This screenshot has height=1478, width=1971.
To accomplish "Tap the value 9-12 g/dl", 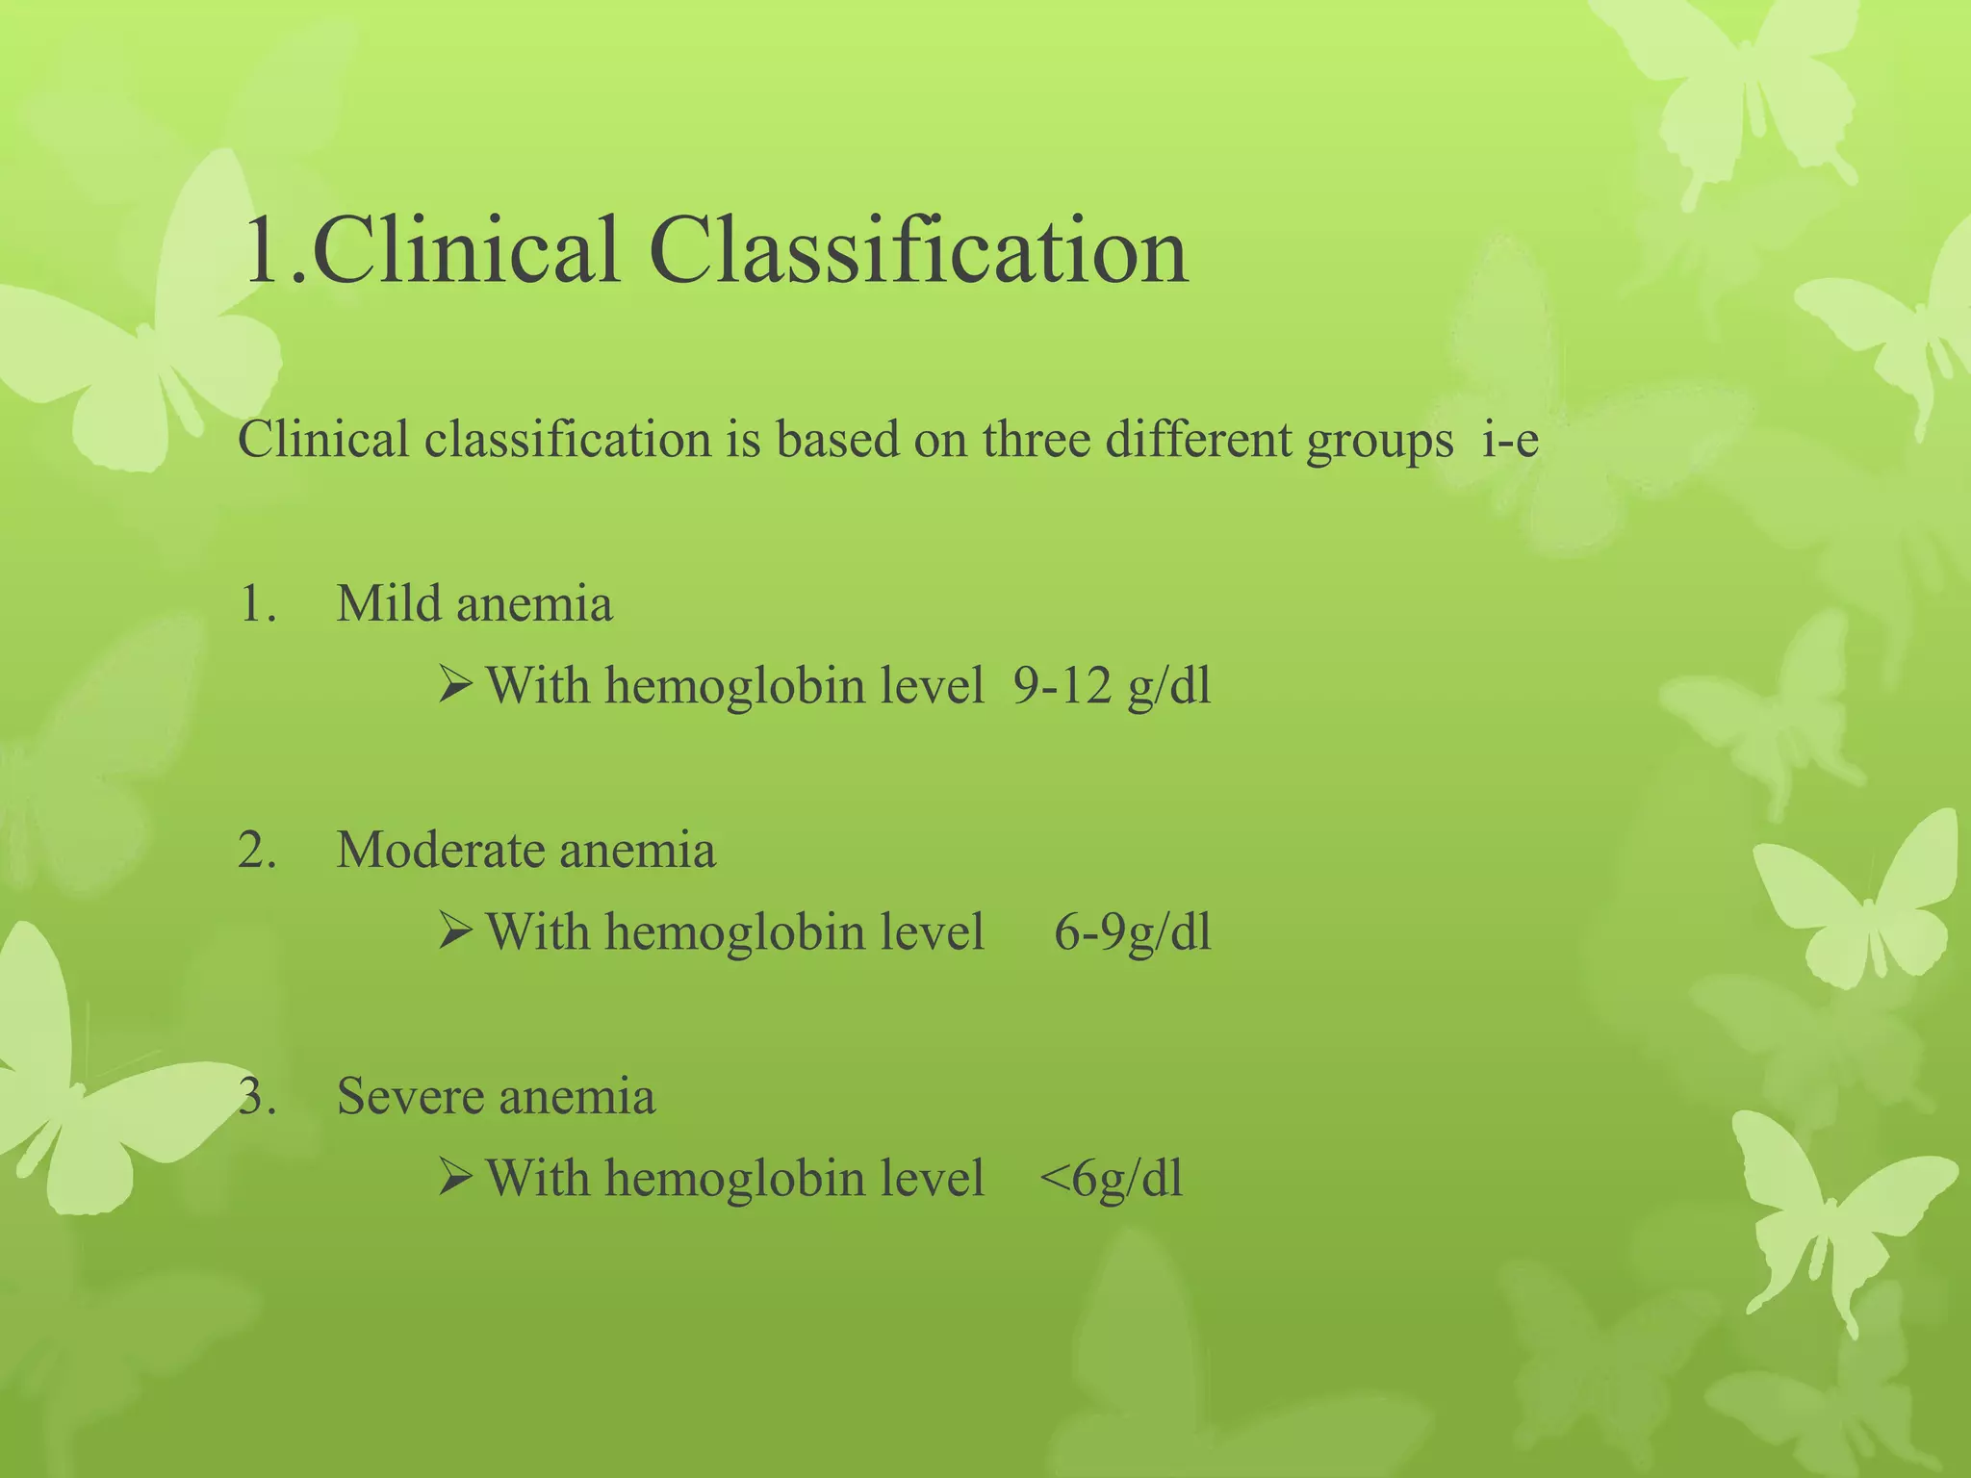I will [1112, 686].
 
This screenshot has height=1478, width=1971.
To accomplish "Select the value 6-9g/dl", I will [1132, 932].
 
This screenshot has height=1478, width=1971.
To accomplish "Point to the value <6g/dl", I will [1111, 1179].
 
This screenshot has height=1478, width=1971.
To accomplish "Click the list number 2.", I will [256, 851].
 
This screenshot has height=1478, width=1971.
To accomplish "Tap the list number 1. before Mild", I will [256, 604].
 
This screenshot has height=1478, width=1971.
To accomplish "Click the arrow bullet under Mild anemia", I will [454, 686].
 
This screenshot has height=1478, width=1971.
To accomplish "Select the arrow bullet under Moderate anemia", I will [454, 932].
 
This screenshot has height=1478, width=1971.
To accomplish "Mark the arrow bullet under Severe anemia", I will [454, 1179].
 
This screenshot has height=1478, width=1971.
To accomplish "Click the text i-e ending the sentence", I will [1510, 441].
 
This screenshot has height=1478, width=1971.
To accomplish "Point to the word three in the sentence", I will [1036, 441].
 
